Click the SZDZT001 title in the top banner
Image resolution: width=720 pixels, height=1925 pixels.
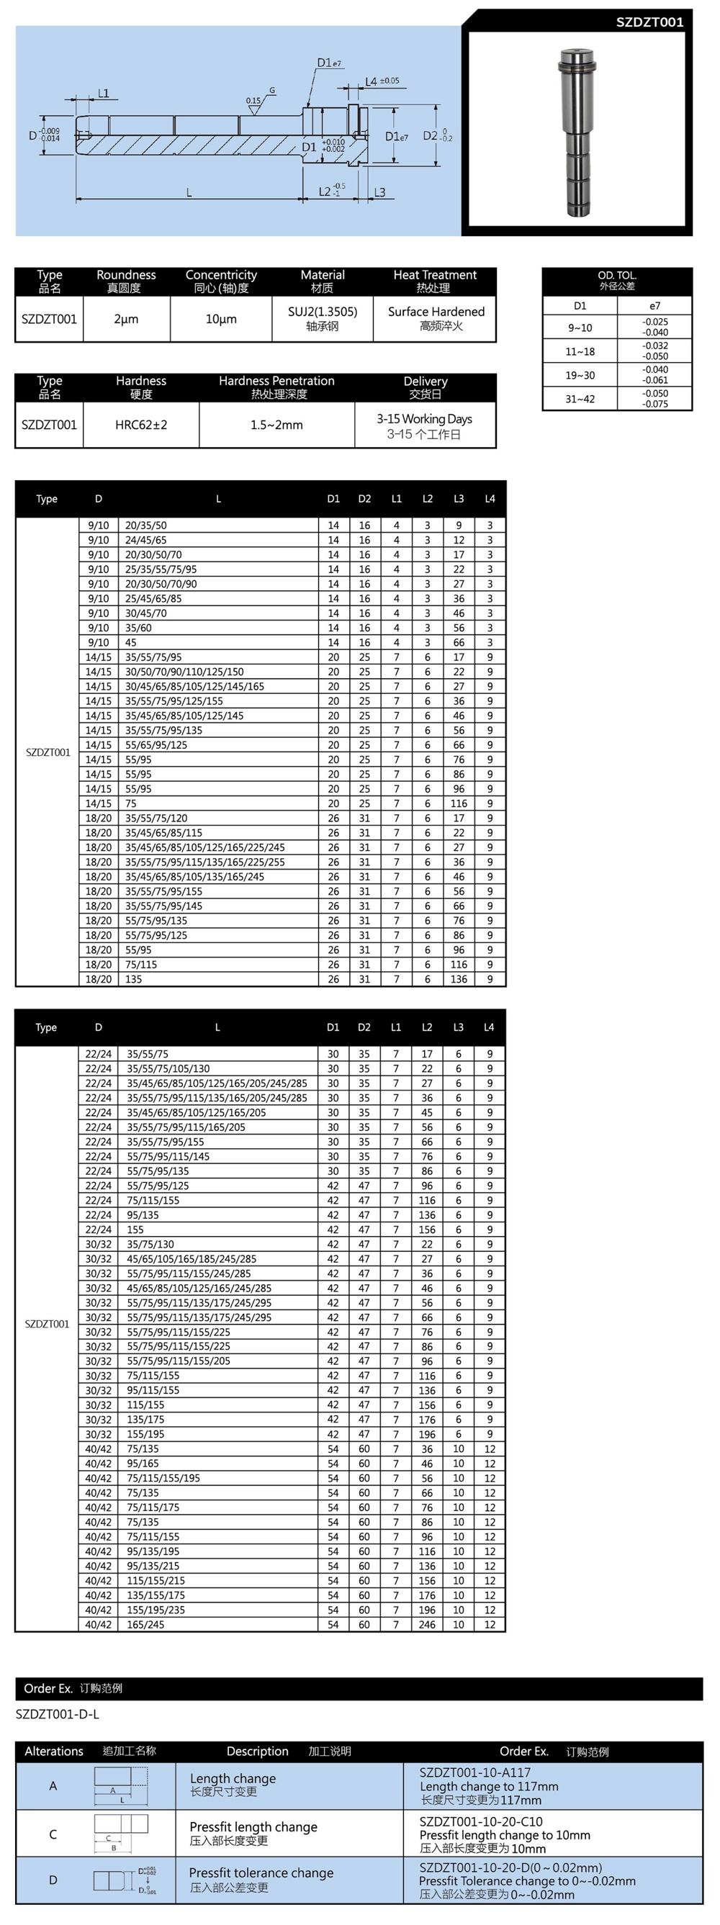pyautogui.click(x=649, y=22)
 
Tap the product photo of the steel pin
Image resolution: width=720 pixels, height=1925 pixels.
pyautogui.click(x=577, y=132)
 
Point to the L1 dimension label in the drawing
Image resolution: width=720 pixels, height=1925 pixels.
pyautogui.click(x=103, y=94)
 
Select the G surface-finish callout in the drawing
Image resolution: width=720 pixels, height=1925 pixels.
pyautogui.click(x=272, y=91)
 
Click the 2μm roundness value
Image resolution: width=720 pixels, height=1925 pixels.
pyautogui.click(x=126, y=319)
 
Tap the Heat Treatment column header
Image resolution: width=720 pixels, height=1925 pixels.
pyautogui.click(x=434, y=281)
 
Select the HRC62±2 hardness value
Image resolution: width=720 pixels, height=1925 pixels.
pyautogui.click(x=140, y=425)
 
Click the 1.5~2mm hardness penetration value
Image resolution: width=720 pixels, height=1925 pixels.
pyautogui.click(x=276, y=425)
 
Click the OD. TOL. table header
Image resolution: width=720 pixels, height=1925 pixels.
pyautogui.click(x=617, y=280)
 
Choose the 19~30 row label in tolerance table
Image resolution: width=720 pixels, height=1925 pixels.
pyautogui.click(x=580, y=375)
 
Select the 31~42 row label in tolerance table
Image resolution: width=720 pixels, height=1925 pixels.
pyautogui.click(x=580, y=399)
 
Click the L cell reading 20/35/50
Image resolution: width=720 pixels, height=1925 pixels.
pyautogui.click(x=145, y=526)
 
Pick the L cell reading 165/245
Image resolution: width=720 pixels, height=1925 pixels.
pyautogui.click(x=145, y=1624)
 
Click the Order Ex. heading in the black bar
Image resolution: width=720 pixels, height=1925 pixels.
pyautogui.click(x=48, y=1688)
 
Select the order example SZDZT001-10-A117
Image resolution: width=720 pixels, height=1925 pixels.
pyautogui.click(x=474, y=1772)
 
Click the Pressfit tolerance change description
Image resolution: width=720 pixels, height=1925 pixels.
pyautogui.click(x=261, y=1872)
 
